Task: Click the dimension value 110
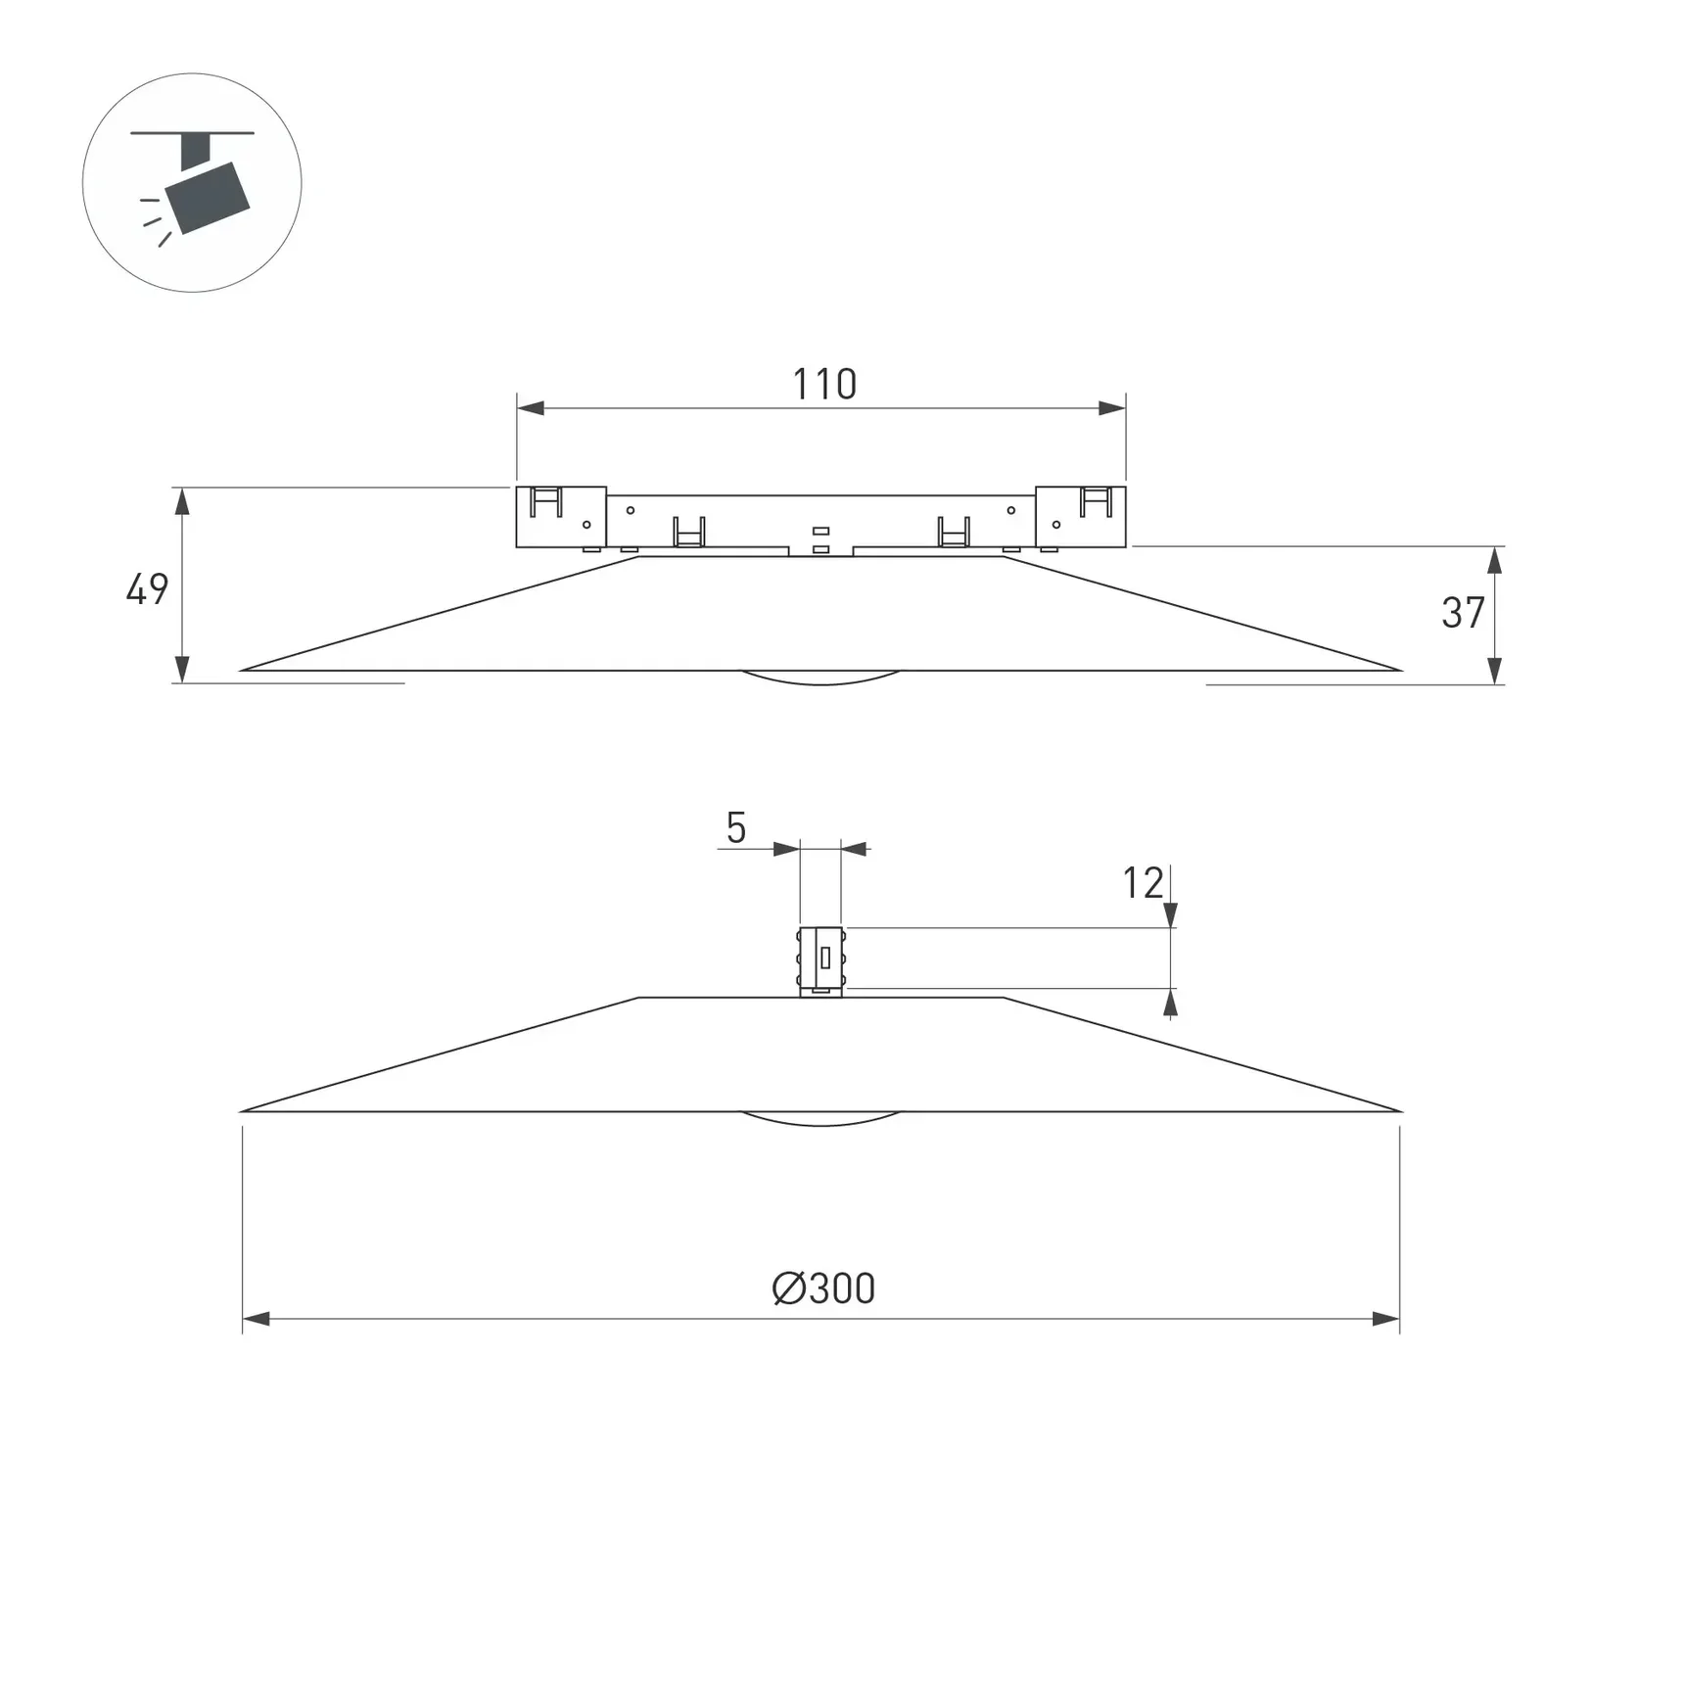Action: (823, 385)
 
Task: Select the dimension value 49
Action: (147, 589)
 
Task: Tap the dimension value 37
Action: (1463, 613)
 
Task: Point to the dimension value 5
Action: (736, 828)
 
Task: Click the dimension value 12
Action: (1142, 884)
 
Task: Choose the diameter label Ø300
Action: (823, 1288)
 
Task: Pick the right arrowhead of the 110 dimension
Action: (1112, 408)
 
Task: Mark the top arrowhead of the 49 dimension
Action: (182, 501)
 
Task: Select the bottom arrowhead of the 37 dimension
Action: (1494, 671)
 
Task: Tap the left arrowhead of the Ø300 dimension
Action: (257, 1319)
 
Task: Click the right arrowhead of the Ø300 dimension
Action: (1385, 1319)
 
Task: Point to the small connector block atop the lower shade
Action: (820, 960)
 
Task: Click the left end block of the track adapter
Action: (561, 517)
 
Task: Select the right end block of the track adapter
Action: (1081, 517)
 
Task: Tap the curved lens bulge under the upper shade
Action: (820, 678)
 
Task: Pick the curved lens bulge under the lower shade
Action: (820, 1119)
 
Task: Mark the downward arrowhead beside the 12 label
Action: (1170, 915)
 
